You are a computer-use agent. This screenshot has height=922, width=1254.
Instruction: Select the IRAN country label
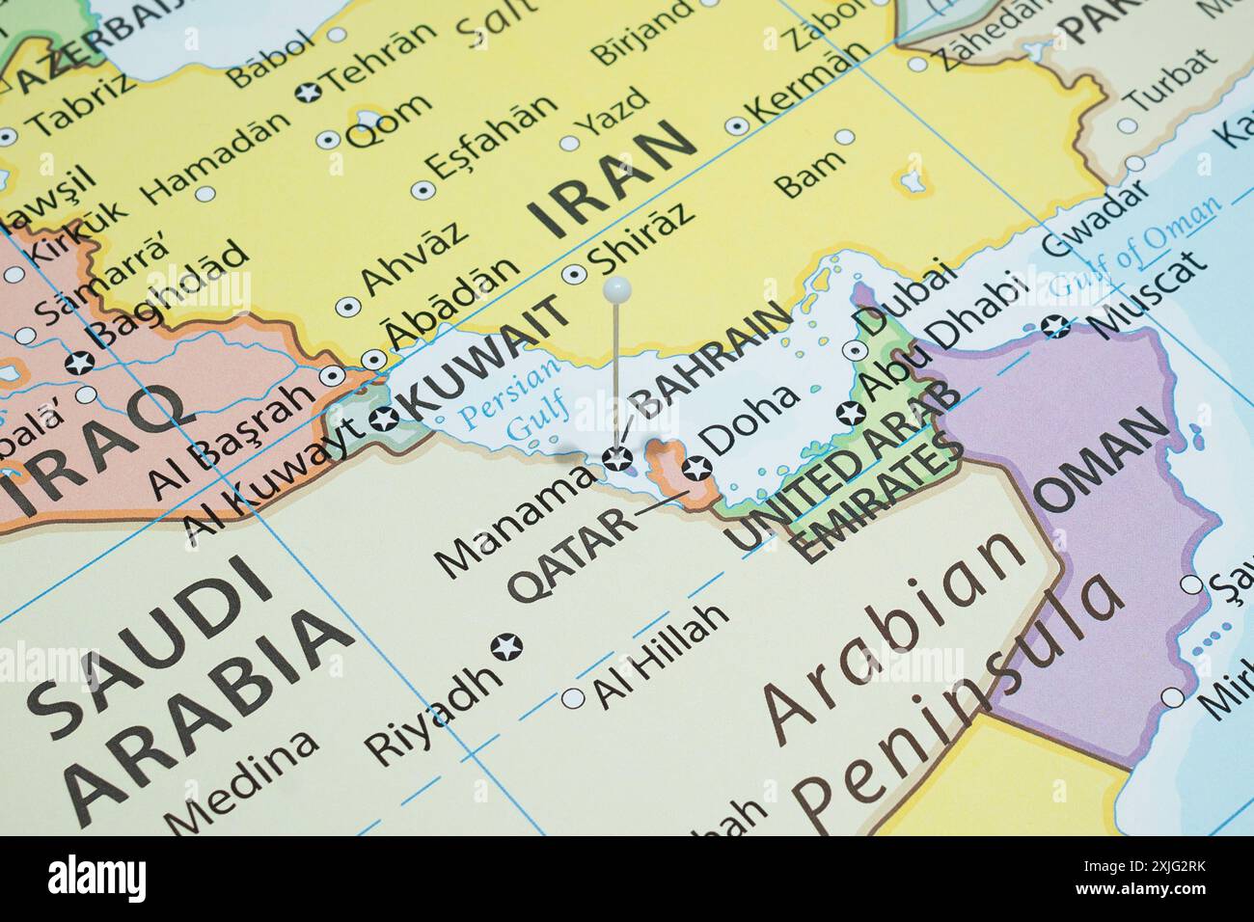pos(613,181)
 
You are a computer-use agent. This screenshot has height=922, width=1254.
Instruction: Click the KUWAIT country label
pos(483,359)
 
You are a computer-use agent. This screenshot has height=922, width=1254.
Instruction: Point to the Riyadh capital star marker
pos(504,646)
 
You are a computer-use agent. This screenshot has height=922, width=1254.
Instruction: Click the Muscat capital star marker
pos(1059,327)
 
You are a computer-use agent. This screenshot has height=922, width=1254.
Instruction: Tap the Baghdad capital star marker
pos(80,364)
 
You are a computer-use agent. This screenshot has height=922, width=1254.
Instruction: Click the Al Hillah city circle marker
pos(574,697)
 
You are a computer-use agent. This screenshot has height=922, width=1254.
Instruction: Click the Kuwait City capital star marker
pos(384,419)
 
